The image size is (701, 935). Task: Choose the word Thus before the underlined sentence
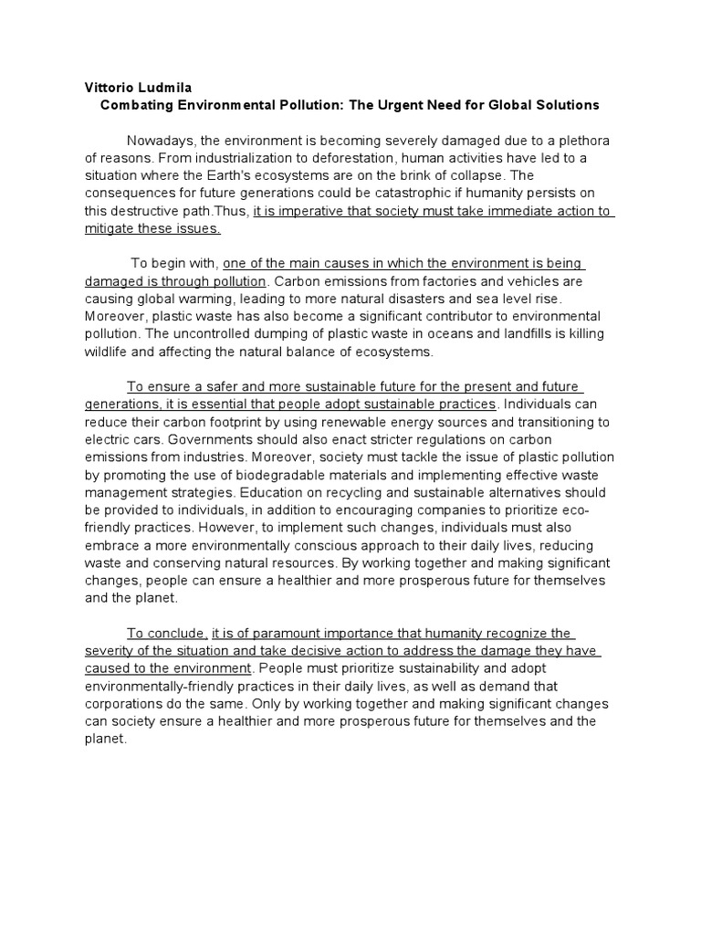[232, 211]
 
